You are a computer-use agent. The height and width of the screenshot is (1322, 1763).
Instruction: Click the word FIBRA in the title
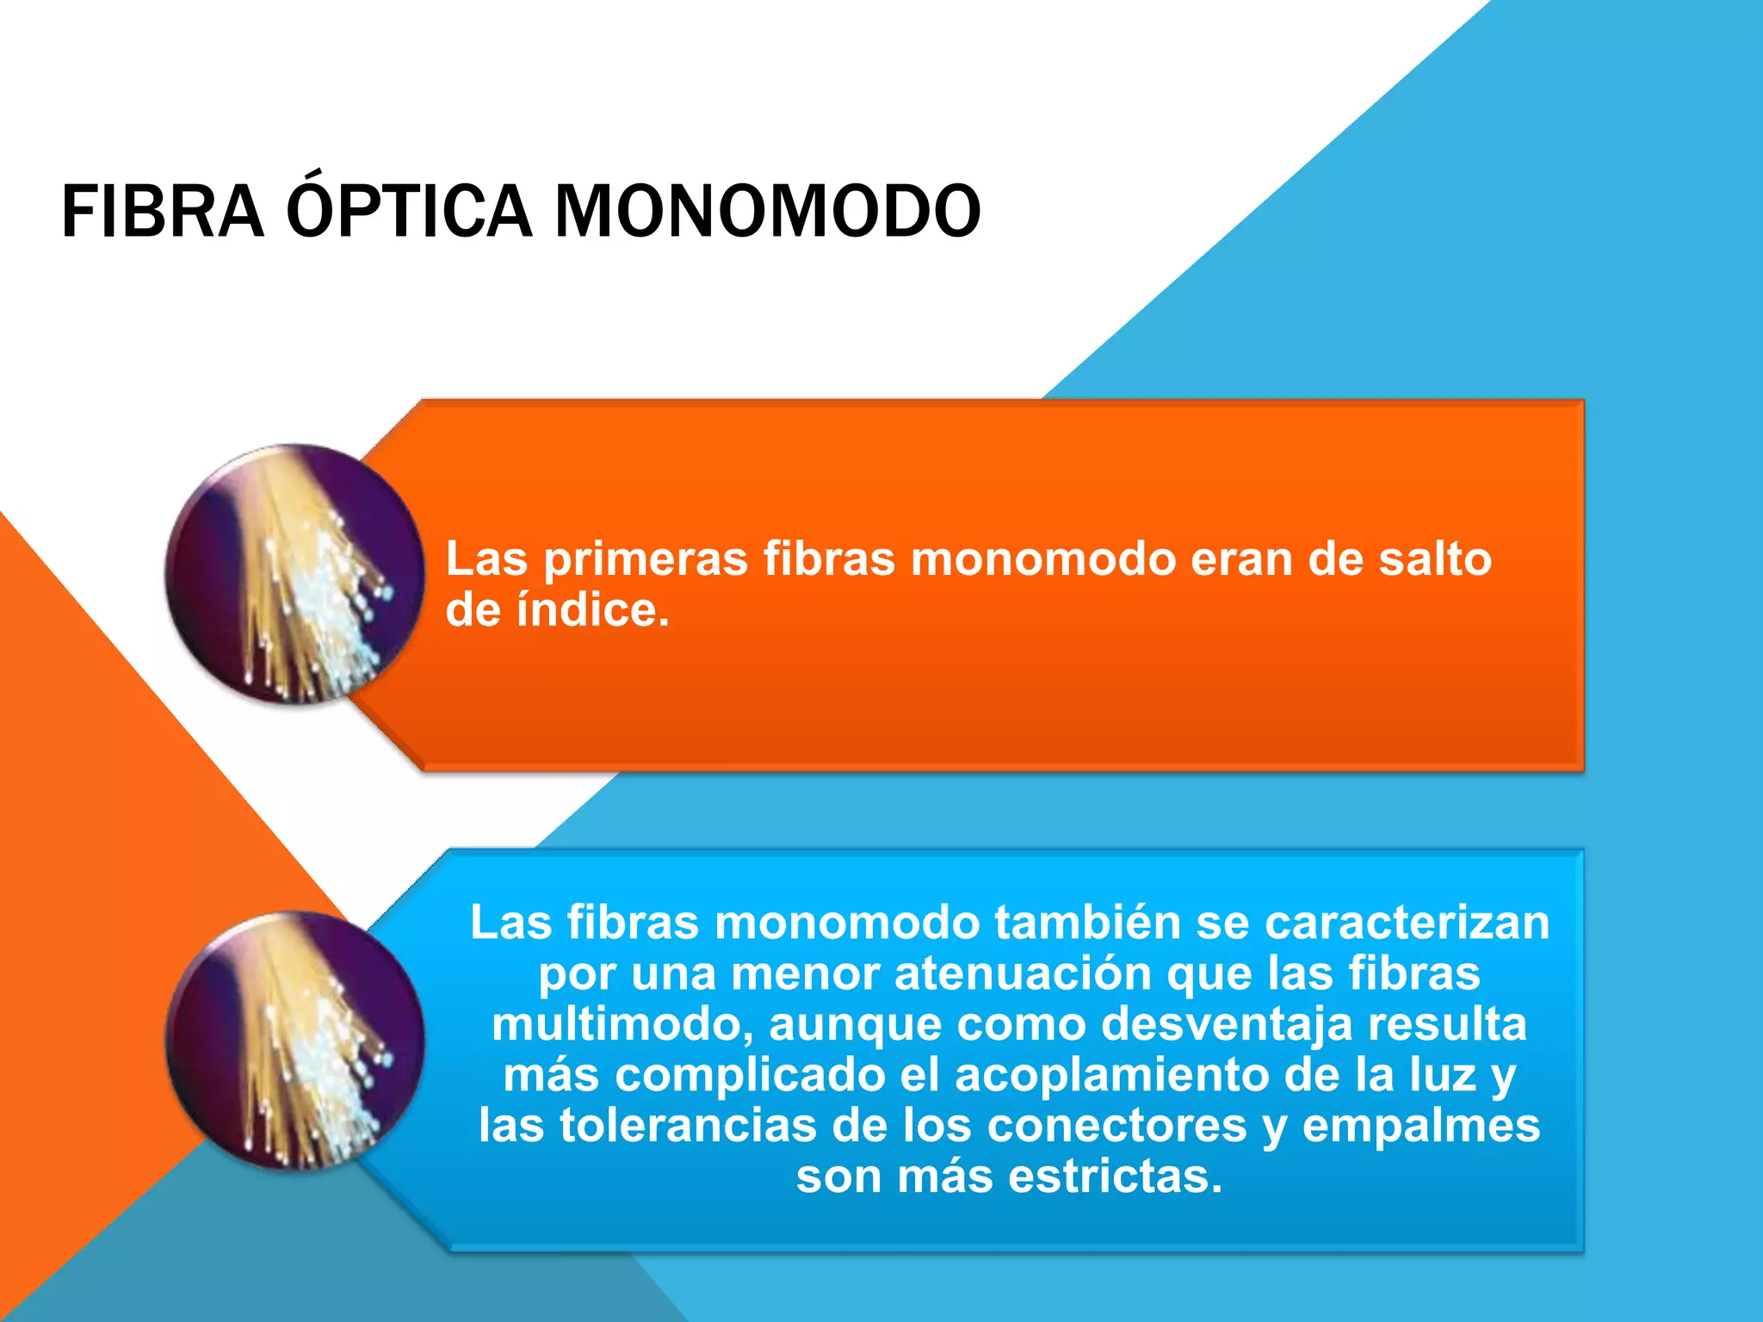(162, 212)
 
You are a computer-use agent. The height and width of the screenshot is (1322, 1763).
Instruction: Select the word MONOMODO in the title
(767, 212)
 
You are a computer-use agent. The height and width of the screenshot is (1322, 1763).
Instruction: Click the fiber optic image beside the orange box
(294, 574)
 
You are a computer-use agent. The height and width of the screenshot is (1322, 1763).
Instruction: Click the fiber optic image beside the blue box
(294, 1041)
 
